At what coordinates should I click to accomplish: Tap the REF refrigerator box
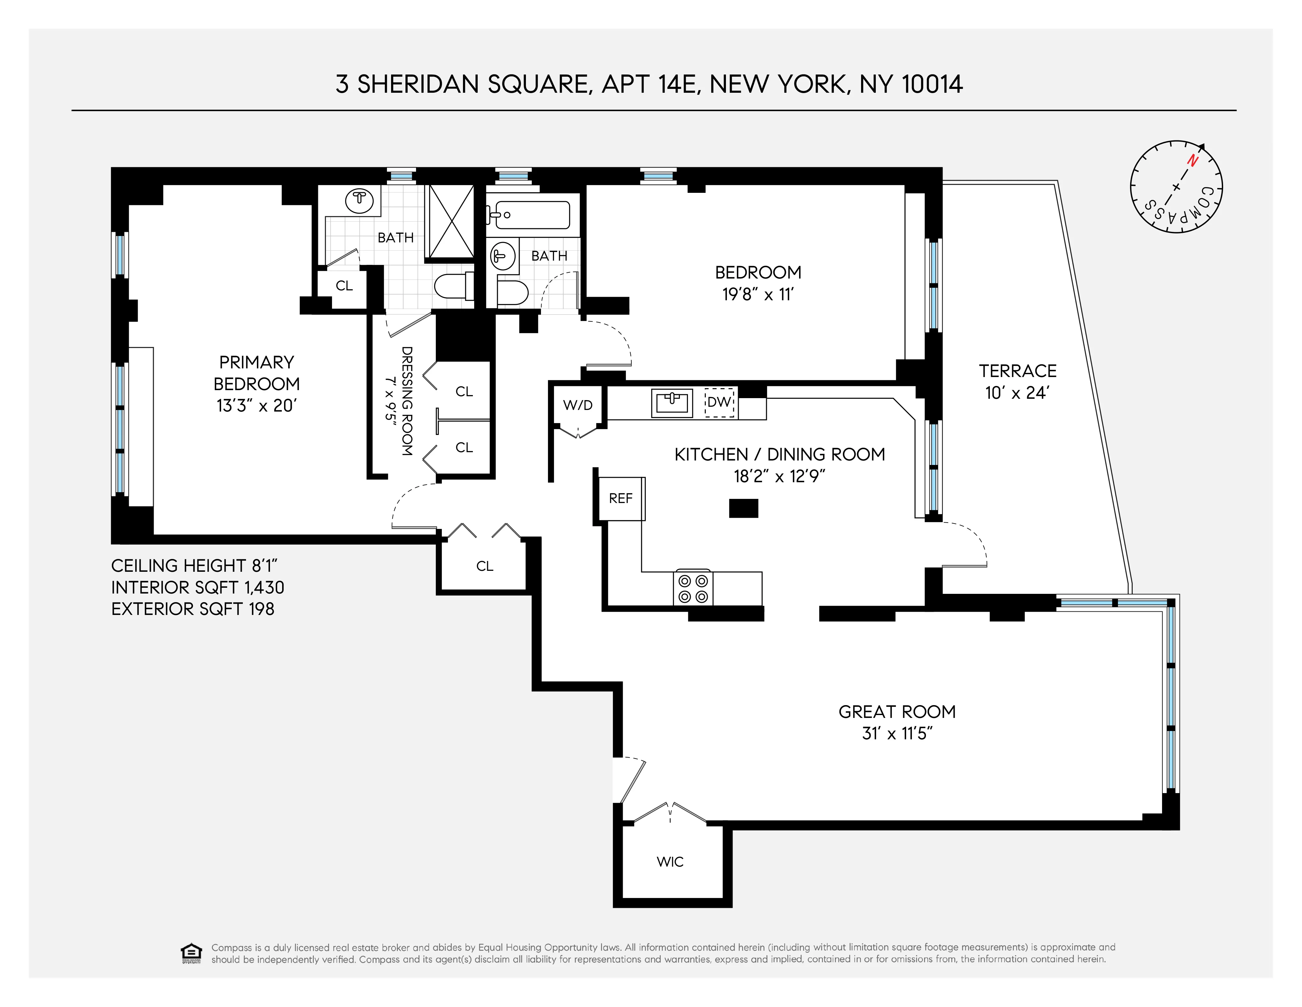620,498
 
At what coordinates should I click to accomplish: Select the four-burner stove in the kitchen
693,588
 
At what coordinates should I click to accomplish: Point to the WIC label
670,861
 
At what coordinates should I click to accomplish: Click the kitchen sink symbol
672,403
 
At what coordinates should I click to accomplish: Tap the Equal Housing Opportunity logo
191,953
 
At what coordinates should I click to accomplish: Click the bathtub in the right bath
531,215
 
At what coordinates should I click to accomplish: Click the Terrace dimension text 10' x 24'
1017,393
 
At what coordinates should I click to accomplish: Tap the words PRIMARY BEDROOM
256,373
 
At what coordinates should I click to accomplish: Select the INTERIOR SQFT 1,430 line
197,588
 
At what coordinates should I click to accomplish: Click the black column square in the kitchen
743,508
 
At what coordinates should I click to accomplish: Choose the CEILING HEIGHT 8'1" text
194,566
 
